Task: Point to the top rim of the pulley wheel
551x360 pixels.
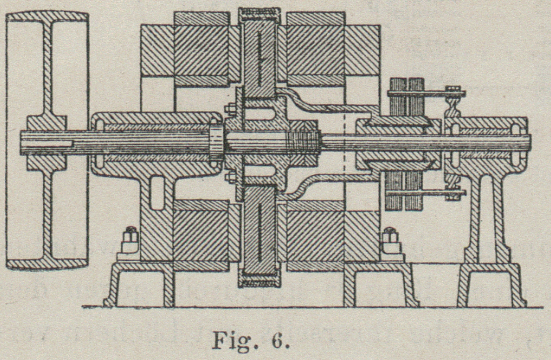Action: click(47, 17)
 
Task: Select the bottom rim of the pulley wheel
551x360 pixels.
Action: click(47, 264)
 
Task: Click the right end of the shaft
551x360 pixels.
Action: click(528, 141)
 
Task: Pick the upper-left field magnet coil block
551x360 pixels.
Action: click(201, 50)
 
